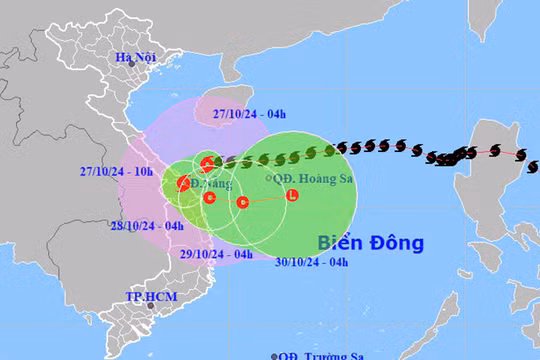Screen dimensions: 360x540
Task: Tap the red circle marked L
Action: point(291,195)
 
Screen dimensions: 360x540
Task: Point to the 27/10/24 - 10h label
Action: point(116,171)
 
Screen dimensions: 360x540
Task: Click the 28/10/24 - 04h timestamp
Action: point(148,226)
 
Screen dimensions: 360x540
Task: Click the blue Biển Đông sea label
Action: point(371,242)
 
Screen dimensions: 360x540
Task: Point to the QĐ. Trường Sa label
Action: point(322,354)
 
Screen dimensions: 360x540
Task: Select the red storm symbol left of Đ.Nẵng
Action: point(184,183)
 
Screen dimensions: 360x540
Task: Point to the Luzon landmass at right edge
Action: point(500,160)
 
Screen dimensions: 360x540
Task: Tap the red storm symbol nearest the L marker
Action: point(242,202)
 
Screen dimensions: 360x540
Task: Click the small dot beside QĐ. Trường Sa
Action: point(274,354)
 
